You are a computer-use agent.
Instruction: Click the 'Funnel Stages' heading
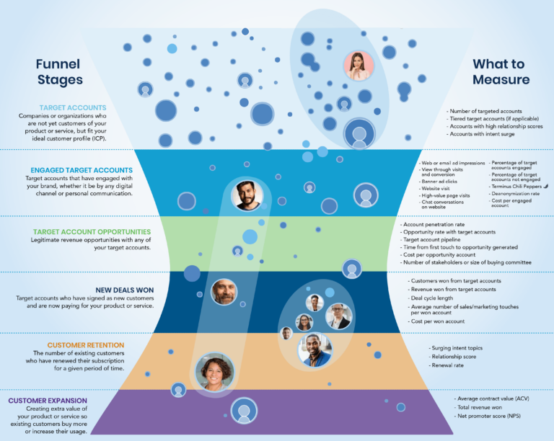pyautogui.click(x=59, y=71)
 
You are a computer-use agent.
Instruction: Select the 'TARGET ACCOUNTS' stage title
pyautogui.click(x=73, y=107)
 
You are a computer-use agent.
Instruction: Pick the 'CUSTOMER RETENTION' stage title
pyautogui.click(x=86, y=345)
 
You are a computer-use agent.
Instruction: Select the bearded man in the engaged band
pyautogui.click(x=247, y=195)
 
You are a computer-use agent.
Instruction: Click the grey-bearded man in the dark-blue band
pyautogui.click(x=224, y=292)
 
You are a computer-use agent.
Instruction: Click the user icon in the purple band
pyautogui.click(x=244, y=411)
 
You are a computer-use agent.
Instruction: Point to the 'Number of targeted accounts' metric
pyautogui.click(x=485, y=111)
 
